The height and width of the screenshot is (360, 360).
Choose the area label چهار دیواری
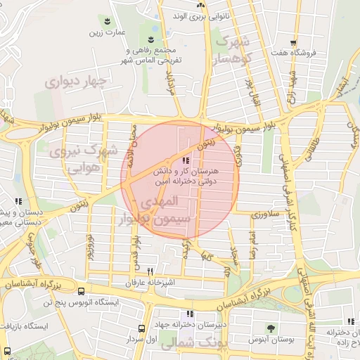[x=75, y=82]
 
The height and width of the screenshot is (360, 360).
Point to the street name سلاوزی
[x=268, y=212]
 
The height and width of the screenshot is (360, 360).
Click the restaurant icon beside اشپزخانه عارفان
[x=150, y=271]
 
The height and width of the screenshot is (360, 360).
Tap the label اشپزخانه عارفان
[x=149, y=283]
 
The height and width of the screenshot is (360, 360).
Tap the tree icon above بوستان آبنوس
[x=271, y=329]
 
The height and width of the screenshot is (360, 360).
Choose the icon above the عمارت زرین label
[x=108, y=21]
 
